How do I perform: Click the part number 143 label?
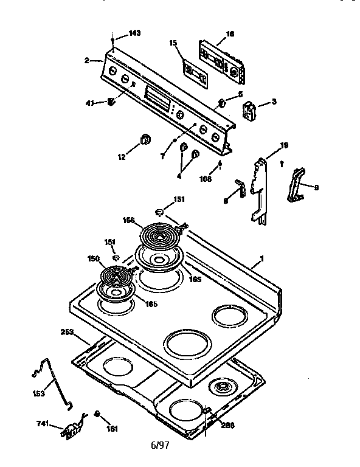coord(134,33)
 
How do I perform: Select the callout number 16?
coord(230,34)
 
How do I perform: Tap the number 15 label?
coord(173,43)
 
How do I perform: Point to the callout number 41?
coord(89,103)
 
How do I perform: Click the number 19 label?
coord(283,146)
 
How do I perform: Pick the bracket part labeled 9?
coord(296,185)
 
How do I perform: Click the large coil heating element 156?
coord(159,234)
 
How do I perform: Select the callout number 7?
coord(162,156)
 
